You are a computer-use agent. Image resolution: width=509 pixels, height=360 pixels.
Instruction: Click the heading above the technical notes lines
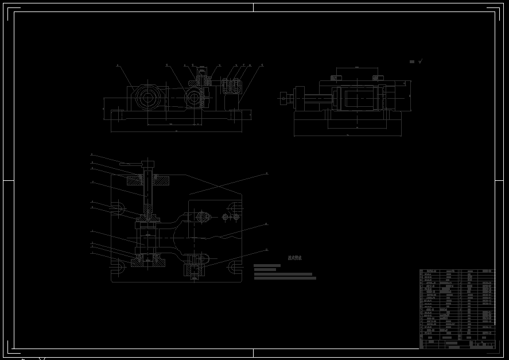[295, 258]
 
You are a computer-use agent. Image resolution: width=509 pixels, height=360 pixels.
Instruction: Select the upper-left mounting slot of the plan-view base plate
[117, 207]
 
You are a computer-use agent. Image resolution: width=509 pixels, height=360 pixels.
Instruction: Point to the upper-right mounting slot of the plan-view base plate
[235, 207]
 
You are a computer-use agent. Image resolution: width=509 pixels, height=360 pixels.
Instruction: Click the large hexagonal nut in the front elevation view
[147, 98]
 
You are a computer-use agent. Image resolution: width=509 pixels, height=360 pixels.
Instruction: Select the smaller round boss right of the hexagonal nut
[193, 98]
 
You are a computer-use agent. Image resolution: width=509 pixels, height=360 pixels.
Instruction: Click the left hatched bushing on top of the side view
[335, 77]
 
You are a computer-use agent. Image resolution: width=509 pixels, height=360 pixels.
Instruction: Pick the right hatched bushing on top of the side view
[378, 77]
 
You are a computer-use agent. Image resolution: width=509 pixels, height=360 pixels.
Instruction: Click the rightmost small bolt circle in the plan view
[235, 217]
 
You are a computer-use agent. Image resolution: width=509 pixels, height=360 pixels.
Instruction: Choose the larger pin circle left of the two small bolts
[203, 216]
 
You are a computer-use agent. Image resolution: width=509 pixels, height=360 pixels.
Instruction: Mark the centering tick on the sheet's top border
[254, 7]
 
